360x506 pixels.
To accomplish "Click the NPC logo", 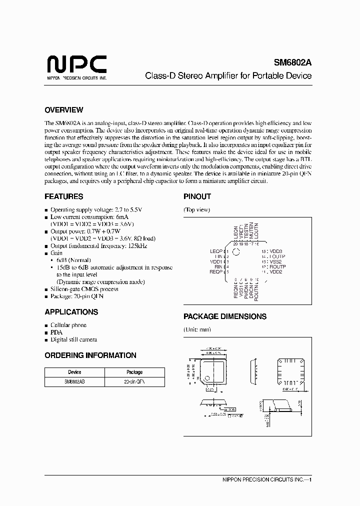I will click(x=76, y=65).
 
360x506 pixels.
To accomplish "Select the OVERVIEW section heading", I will click(x=63, y=110).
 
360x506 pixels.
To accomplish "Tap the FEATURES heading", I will click(x=63, y=196).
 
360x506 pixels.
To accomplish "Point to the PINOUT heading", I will click(x=197, y=196).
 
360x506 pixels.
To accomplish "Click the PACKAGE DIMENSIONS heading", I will click(x=224, y=316).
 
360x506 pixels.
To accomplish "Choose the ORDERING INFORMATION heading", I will click(x=90, y=355).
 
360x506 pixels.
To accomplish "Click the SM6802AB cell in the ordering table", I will click(x=74, y=380).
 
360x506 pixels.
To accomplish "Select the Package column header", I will click(x=134, y=372).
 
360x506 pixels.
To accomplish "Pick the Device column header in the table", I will click(x=74, y=372).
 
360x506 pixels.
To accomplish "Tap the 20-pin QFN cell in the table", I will click(x=134, y=380).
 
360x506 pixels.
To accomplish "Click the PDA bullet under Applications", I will click(x=56, y=332).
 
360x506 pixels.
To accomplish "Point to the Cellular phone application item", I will click(x=68, y=325).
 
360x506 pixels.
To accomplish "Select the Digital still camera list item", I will click(x=73, y=339).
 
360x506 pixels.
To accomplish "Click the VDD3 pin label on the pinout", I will click(x=276, y=251).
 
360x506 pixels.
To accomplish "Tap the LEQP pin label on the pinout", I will click(x=215, y=251).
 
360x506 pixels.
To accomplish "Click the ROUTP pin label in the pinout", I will click(x=277, y=267).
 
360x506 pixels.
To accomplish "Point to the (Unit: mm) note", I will click(x=197, y=329).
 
